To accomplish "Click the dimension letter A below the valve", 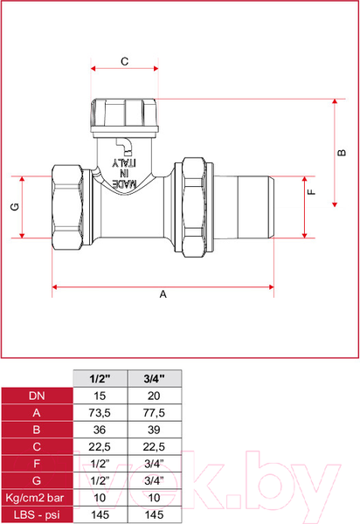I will point(163,294).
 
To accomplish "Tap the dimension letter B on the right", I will point(343,153).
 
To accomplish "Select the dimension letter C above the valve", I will point(124,61).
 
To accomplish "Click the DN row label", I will point(35,395).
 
